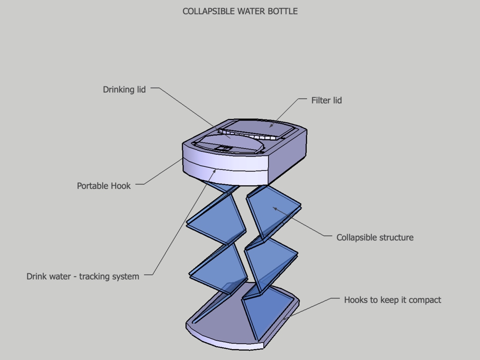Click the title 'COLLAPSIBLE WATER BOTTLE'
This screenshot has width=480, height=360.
[240, 11]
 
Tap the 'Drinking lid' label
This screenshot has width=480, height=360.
[124, 90]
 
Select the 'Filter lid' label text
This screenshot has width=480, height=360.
[326, 100]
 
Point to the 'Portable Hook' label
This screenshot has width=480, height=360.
[104, 186]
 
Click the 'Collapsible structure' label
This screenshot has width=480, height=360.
[375, 238]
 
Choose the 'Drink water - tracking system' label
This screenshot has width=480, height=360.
[82, 277]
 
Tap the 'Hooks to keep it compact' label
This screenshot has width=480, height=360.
[392, 300]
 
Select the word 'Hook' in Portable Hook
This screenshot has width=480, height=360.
[120, 186]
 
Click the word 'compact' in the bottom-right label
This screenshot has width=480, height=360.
[425, 300]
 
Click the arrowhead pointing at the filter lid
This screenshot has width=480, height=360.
[271, 126]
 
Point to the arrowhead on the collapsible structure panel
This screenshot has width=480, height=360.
[275, 209]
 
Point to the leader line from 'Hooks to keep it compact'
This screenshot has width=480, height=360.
[309, 307]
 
